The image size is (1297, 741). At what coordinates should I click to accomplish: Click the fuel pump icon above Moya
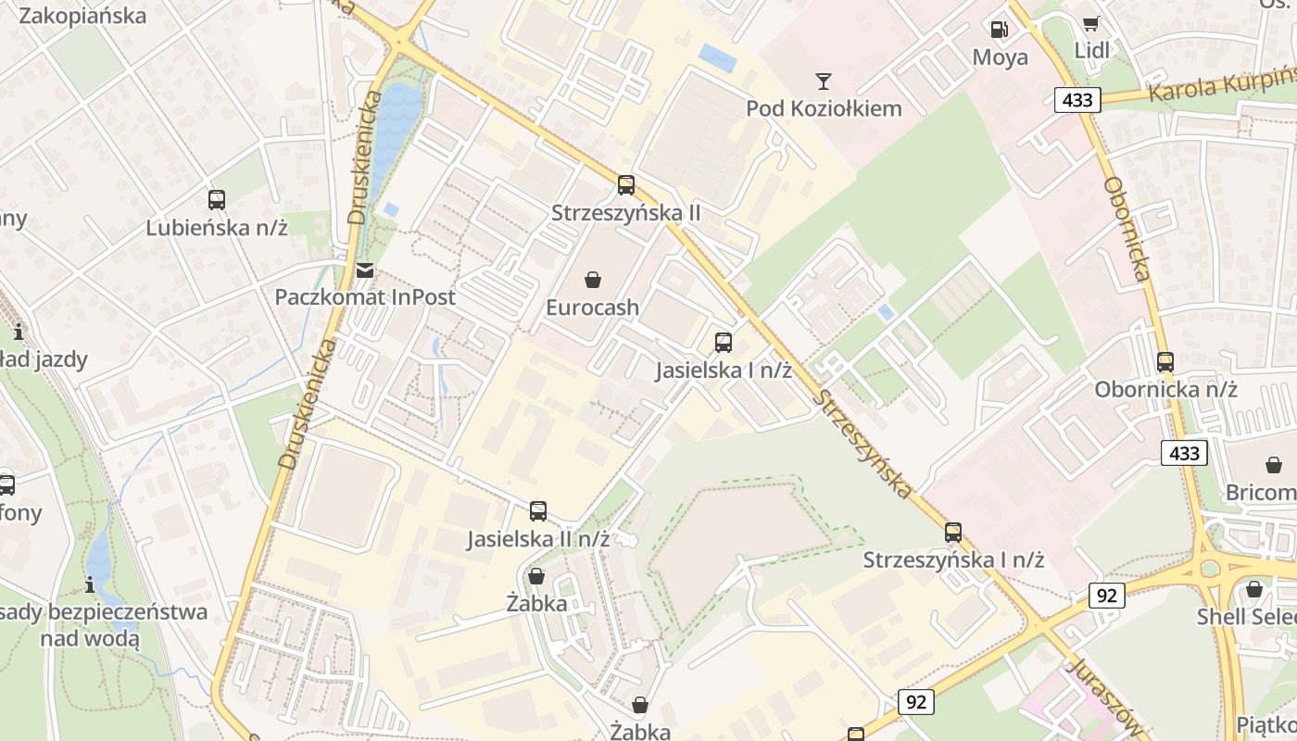[1000, 30]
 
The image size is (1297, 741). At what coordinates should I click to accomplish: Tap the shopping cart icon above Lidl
[1092, 23]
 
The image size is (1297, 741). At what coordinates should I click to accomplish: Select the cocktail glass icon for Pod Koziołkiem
[824, 82]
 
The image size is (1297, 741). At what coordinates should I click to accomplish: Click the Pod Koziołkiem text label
[824, 108]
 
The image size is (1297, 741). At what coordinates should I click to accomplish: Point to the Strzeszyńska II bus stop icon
[626, 185]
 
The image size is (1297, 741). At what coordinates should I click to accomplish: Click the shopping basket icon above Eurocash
[593, 280]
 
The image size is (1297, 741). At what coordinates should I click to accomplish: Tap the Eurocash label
[592, 307]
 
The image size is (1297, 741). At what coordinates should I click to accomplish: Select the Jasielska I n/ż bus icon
[724, 343]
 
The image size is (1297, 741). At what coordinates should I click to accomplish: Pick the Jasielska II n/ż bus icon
[538, 511]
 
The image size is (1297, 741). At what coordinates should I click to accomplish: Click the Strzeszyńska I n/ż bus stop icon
[953, 533]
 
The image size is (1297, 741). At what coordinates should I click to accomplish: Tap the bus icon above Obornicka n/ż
[1165, 362]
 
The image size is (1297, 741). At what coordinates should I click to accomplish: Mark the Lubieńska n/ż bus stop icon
[217, 199]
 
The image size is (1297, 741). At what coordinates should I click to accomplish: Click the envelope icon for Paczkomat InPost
[365, 270]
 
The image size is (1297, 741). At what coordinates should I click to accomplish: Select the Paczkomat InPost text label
[365, 297]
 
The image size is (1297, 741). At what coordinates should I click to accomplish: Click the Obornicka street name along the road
[1127, 229]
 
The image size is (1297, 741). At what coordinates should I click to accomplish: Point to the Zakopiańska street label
[82, 16]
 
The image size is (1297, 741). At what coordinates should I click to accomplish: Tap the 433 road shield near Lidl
[1077, 100]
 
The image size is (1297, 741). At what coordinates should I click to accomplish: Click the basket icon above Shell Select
[1254, 589]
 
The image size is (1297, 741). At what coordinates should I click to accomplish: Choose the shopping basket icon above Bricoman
[1274, 465]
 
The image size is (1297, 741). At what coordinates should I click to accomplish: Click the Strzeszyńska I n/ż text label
[953, 560]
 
